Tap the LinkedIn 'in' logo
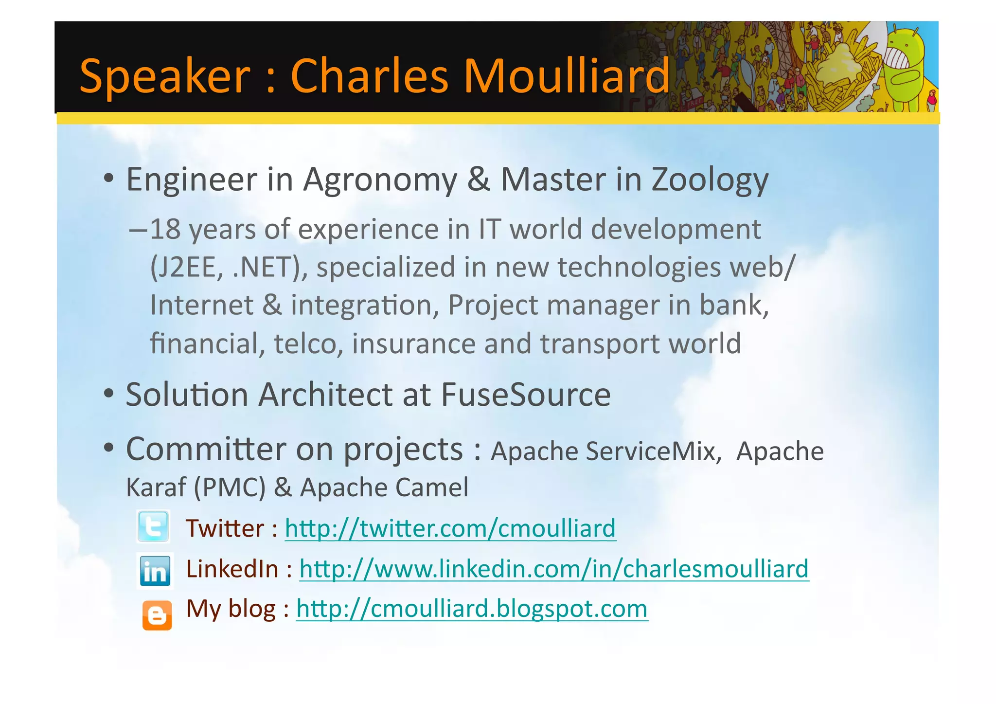pyautogui.click(x=155, y=571)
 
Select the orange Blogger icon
pyautogui.click(x=157, y=615)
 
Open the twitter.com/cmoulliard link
pyautogui.click(x=450, y=529)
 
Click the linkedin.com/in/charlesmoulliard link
pyautogui.click(x=553, y=569)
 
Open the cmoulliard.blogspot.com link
pyautogui.click(x=472, y=609)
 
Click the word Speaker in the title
pyautogui.click(x=164, y=77)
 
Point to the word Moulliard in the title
pyautogui.click(x=567, y=76)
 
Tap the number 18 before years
pyautogui.click(x=165, y=230)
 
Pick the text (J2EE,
pyautogui.click(x=187, y=268)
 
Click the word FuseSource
pyautogui.click(x=525, y=395)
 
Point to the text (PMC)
pyautogui.click(x=230, y=488)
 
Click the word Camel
pyautogui.click(x=432, y=488)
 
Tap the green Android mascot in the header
pyautogui.click(x=904, y=68)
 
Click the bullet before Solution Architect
pyautogui.click(x=109, y=393)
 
